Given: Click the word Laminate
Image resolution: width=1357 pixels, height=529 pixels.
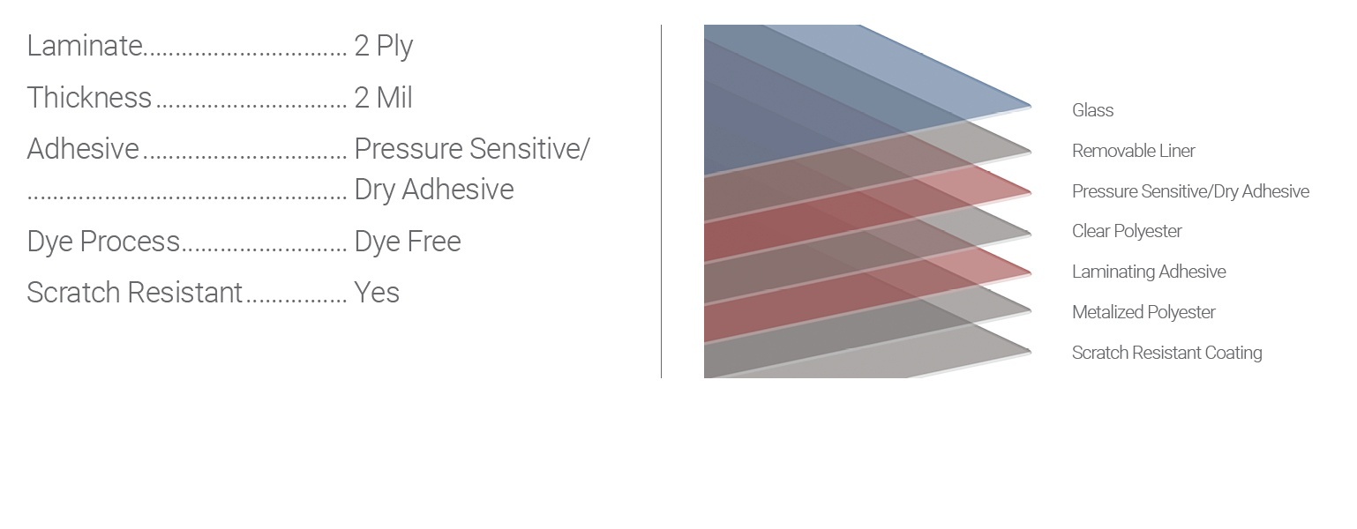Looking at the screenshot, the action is point(85,46).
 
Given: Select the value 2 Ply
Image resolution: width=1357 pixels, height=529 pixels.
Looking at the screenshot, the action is point(384,47).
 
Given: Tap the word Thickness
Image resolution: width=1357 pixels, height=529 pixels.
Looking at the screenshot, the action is point(89,98).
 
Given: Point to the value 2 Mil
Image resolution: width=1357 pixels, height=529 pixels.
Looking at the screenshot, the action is point(384,98).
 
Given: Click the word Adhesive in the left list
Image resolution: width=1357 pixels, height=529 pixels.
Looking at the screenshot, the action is point(83,149).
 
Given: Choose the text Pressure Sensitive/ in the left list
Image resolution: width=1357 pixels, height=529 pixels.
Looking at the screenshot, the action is point(472,149).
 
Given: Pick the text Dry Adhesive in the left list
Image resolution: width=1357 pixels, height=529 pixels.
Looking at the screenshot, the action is point(434,190).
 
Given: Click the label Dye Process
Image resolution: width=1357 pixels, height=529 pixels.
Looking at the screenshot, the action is point(103,242).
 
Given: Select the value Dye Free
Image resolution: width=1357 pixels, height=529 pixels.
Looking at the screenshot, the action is point(408,242).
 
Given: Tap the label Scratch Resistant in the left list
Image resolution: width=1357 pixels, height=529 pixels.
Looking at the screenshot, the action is point(134,293).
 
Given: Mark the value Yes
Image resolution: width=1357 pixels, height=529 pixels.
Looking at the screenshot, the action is point(377,293).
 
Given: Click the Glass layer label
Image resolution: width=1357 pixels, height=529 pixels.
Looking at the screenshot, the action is point(1093,110).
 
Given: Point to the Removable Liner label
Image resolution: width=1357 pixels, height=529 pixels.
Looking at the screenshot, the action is point(1134,151).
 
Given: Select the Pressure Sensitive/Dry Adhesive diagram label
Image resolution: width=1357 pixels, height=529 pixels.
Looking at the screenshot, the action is point(1190,191).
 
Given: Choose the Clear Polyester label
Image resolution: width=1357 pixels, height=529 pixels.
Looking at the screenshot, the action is point(1127,231).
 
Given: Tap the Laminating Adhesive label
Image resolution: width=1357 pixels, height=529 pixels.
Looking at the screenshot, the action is point(1149,272).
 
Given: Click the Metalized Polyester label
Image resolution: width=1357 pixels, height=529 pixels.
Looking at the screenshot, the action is point(1143,312).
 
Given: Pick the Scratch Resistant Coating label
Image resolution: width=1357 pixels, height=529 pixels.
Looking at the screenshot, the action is point(1166,353).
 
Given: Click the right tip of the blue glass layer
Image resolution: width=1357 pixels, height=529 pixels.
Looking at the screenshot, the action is point(1031,107).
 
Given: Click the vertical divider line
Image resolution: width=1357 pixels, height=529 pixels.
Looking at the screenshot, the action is point(661,202).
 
